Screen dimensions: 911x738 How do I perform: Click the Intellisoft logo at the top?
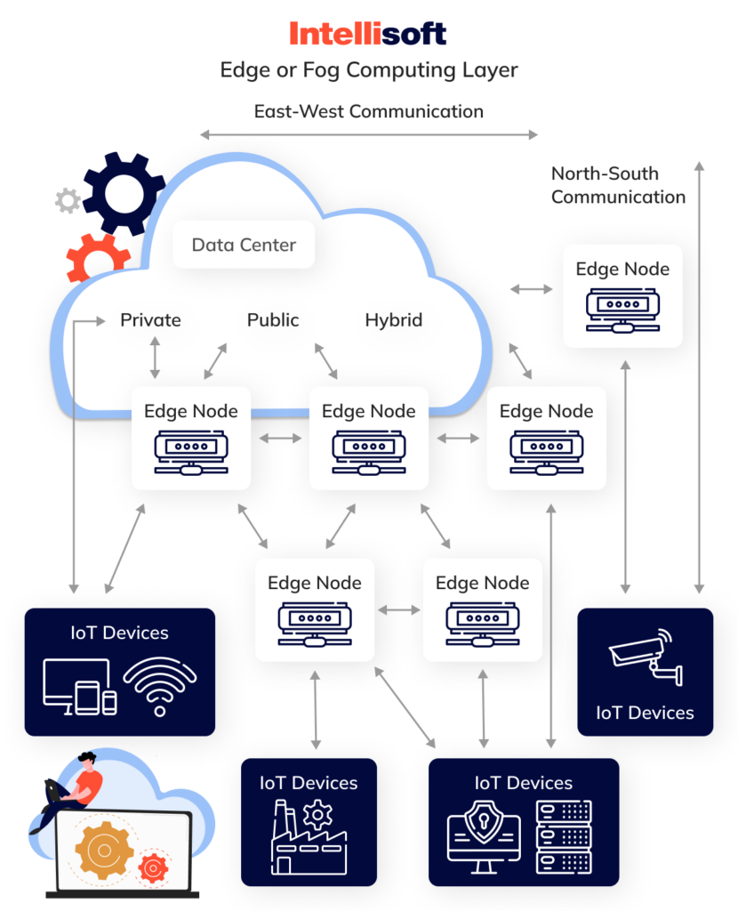[x=368, y=34]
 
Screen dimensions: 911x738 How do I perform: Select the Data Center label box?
[x=244, y=245]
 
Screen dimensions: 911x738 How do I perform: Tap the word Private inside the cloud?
[x=150, y=320]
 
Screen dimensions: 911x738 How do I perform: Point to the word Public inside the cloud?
[x=273, y=320]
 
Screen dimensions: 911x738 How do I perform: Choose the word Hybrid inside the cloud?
[x=393, y=320]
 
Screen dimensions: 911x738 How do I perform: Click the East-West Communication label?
[x=368, y=111]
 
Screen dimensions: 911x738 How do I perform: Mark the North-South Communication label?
[x=618, y=185]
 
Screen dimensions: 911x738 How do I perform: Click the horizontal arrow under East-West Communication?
[x=368, y=135]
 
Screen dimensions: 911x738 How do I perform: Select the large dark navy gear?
[x=124, y=192]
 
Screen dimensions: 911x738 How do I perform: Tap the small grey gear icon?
[x=68, y=201]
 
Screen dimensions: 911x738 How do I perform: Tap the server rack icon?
[x=564, y=836]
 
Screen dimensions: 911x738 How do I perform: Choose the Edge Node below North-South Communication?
[x=622, y=295]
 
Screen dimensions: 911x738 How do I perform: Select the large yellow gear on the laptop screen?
[x=104, y=851]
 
